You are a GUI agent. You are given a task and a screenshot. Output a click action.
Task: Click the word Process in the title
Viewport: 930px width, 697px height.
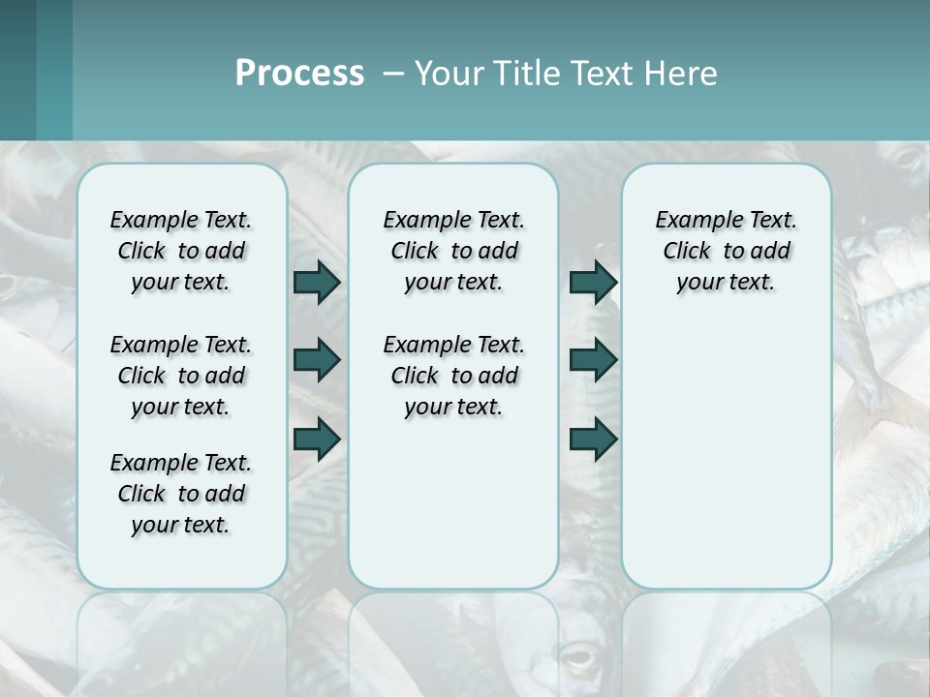click(x=299, y=74)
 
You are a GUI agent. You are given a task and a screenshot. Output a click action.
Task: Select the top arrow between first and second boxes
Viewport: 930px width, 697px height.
click(x=317, y=282)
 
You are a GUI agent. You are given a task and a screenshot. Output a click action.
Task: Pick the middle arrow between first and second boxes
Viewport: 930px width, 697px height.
click(x=317, y=360)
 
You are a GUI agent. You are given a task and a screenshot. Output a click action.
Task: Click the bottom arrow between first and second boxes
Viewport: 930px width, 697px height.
click(x=317, y=439)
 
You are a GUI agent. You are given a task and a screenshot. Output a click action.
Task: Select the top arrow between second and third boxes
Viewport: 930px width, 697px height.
click(x=593, y=282)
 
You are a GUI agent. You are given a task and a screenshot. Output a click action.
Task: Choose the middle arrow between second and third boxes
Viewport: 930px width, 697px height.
click(x=593, y=360)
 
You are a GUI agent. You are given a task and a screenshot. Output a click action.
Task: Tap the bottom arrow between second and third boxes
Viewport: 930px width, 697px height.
click(x=593, y=439)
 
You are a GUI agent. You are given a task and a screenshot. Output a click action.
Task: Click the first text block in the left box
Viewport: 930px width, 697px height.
click(x=181, y=251)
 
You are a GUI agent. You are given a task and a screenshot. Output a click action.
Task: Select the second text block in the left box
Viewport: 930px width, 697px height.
click(x=181, y=376)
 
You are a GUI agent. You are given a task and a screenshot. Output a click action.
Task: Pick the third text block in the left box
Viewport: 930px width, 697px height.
click(x=181, y=494)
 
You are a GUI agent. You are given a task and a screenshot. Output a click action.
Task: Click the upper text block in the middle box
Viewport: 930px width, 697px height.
click(x=453, y=251)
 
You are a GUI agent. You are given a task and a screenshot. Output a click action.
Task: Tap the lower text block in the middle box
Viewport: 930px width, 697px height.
click(x=453, y=376)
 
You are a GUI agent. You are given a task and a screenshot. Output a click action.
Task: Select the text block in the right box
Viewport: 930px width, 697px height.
click(x=726, y=251)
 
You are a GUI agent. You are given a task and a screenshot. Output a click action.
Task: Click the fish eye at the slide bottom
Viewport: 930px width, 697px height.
click(x=579, y=658)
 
